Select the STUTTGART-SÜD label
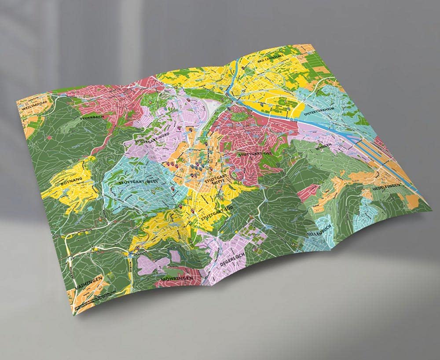click(213, 213)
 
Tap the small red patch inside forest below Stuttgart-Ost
click(308, 191)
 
